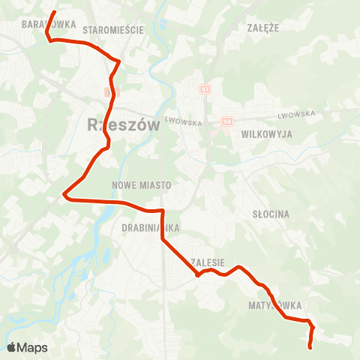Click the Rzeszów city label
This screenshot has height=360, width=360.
click(x=124, y=125)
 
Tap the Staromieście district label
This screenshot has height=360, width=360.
click(x=113, y=30)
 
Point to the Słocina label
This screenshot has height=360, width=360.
click(x=271, y=214)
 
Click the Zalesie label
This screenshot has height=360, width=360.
click(x=208, y=262)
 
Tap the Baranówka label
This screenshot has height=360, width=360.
click(x=49, y=24)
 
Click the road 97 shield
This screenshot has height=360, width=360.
click(x=205, y=89)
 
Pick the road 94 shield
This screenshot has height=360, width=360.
click(x=226, y=121)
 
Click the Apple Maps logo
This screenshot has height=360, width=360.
click(x=27, y=347)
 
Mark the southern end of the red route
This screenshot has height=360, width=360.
click(x=310, y=346)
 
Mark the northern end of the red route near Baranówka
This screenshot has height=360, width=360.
click(x=55, y=12)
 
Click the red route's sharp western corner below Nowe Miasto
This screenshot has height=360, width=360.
click(x=64, y=196)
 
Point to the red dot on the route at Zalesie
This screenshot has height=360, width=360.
click(x=196, y=274)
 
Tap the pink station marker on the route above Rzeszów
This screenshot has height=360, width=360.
click(x=107, y=92)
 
